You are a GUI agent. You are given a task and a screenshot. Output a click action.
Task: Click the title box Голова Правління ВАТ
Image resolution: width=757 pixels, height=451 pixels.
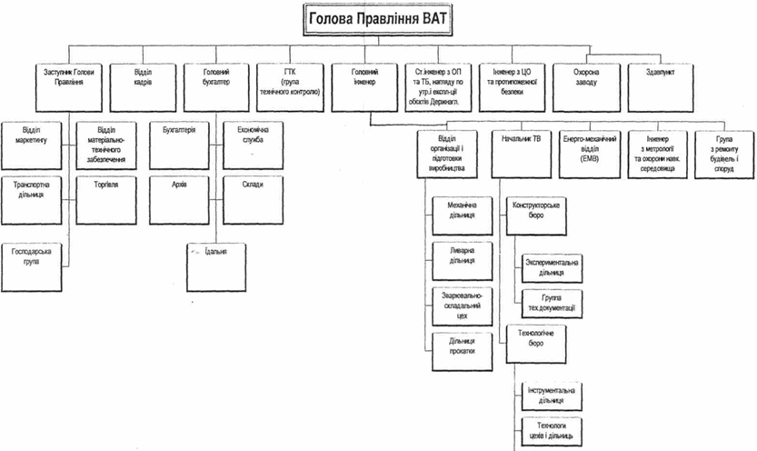click(x=378, y=16)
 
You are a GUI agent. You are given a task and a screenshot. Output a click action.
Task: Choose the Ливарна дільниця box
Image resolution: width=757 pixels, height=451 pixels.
click(x=462, y=255)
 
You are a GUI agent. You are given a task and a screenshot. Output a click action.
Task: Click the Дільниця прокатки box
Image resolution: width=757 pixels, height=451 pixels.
click(x=462, y=344)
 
